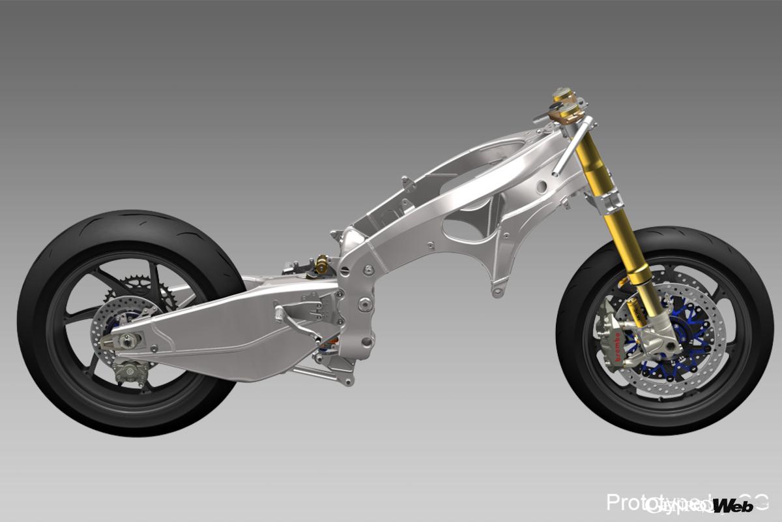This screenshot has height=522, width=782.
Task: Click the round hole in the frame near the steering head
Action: (540, 187)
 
